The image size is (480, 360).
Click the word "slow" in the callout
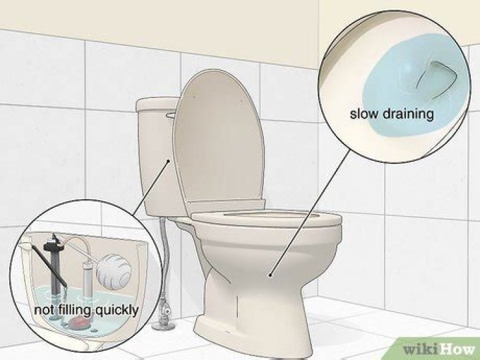coord(364,114)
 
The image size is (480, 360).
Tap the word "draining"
coord(408,115)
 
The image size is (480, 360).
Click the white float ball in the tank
coord(113,271)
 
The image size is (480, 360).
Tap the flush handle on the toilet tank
coord(171,115)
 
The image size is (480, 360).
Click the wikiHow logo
coord(439,349)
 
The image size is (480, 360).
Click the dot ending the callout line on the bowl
coord(270,275)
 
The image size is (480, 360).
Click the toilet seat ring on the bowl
coord(266,218)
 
